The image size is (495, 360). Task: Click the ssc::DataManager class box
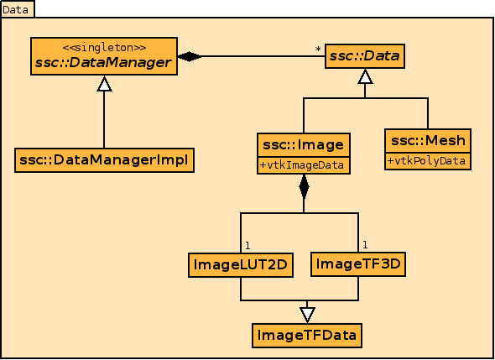pyautogui.click(x=104, y=56)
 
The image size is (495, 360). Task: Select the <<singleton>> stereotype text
pyautogui.click(x=104, y=48)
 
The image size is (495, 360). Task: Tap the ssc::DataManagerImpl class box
pyautogui.click(x=104, y=159)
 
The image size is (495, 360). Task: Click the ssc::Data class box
pyautogui.click(x=365, y=56)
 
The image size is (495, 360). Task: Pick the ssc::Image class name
pyautogui.click(x=303, y=142)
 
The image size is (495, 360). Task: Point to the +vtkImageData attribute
pyautogui.click(x=303, y=164)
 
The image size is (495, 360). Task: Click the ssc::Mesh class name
pyautogui.click(x=427, y=139)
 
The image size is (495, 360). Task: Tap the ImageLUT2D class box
pyautogui.click(x=241, y=265)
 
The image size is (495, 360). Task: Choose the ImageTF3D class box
pyautogui.click(x=358, y=265)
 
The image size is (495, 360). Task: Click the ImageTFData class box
pyautogui.click(x=307, y=336)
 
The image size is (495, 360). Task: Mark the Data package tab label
pyautogui.click(x=16, y=8)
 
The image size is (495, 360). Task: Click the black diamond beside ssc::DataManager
pyautogui.click(x=190, y=56)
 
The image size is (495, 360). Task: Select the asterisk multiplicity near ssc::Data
pyautogui.click(x=318, y=50)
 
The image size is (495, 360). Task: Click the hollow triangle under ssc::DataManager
pyautogui.click(x=104, y=83)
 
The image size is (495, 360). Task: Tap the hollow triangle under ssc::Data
pyautogui.click(x=365, y=77)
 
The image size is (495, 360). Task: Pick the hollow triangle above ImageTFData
pyautogui.click(x=307, y=315)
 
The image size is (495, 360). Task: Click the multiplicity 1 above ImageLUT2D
pyautogui.click(x=247, y=246)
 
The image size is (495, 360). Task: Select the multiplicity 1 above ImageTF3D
pyautogui.click(x=366, y=246)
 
